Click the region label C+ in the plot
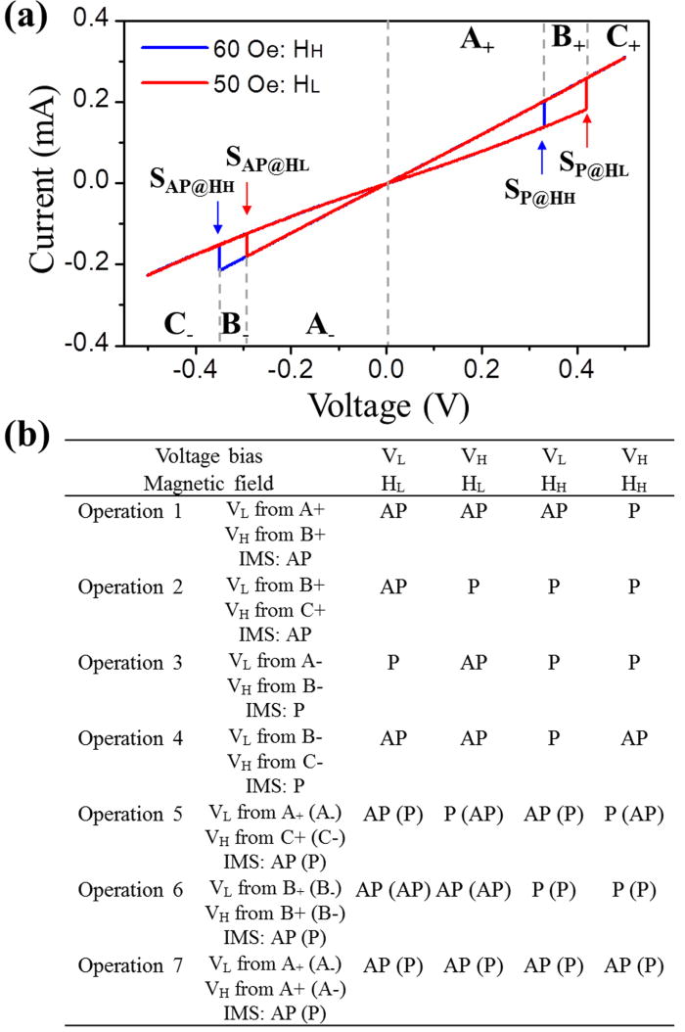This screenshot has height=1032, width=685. tap(624, 38)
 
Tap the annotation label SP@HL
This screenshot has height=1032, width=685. tap(593, 161)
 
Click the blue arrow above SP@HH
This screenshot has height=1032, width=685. tap(542, 157)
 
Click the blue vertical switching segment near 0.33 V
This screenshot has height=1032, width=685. tap(544, 114)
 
